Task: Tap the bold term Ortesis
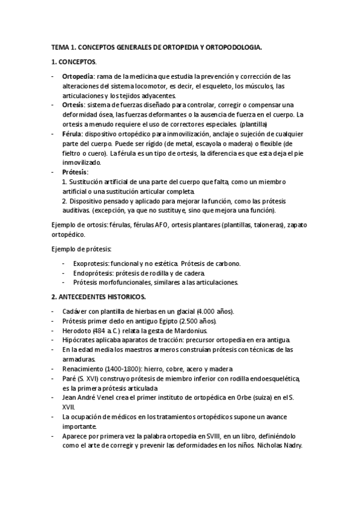tap(73, 104)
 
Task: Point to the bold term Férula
tap(73, 134)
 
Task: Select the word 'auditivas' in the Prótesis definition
tap(78, 210)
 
